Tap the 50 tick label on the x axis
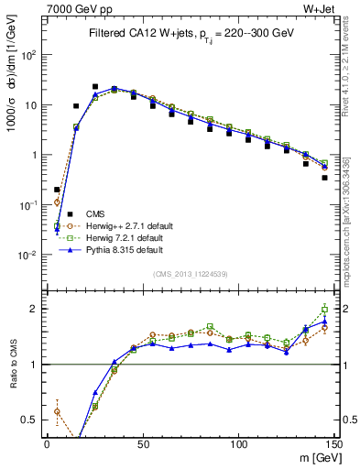(142, 444)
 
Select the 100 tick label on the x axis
(238, 444)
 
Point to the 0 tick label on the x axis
(47, 444)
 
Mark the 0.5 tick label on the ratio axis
(30, 420)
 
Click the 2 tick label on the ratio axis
(35, 309)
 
